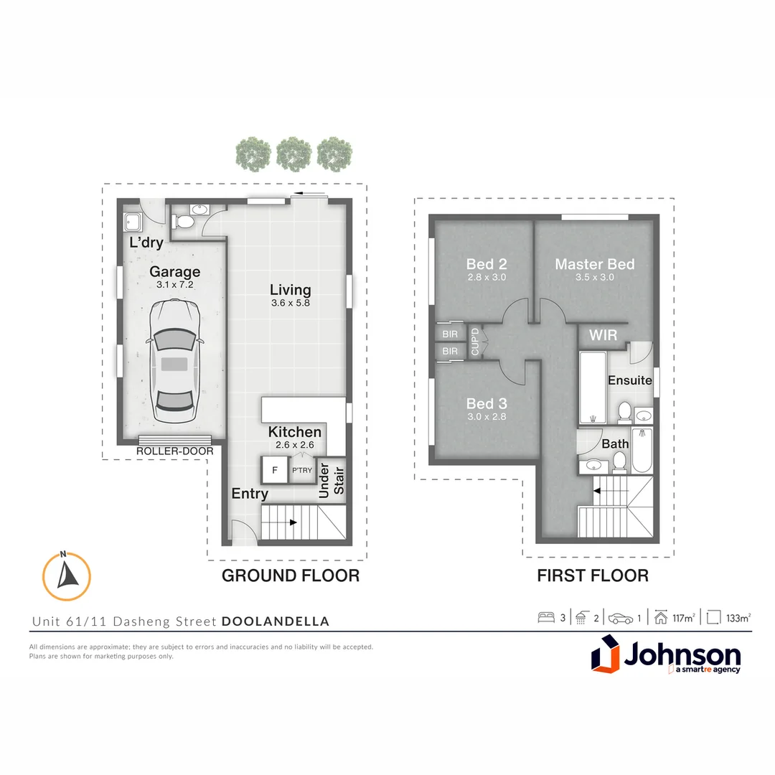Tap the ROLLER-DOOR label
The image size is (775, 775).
click(174, 451)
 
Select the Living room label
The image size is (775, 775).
click(290, 290)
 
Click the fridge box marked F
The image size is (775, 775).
click(273, 471)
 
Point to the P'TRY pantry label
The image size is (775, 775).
click(301, 471)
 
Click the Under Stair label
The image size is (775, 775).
click(332, 482)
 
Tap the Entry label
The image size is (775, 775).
click(250, 494)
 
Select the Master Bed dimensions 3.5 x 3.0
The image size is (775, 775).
click(594, 277)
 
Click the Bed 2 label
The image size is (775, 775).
click(486, 264)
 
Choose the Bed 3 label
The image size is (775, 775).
click(486, 403)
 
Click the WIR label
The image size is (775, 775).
click(603, 335)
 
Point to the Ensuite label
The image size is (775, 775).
click(629, 380)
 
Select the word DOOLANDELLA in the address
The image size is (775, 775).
click(276, 621)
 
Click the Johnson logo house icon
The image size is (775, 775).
click(605, 655)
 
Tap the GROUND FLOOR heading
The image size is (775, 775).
click(290, 576)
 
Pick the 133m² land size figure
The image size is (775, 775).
click(738, 617)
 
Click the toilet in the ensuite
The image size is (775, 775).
click(624, 412)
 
